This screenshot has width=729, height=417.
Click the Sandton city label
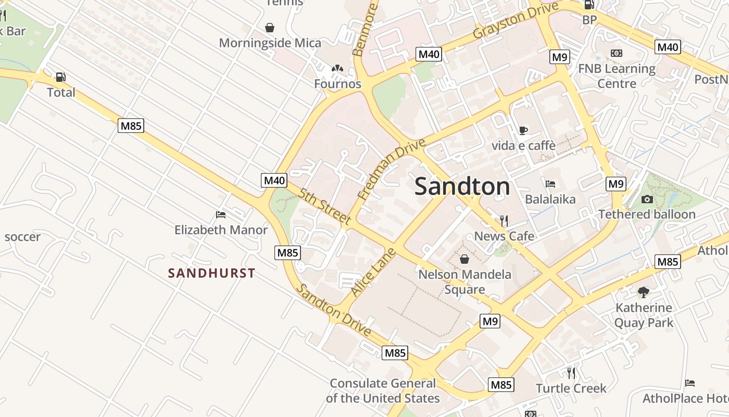click(462, 187)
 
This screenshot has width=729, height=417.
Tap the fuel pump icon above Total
click(61, 77)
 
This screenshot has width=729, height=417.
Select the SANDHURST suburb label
click(211, 273)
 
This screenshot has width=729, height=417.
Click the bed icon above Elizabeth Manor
click(221, 215)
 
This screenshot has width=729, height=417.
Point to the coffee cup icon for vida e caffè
click(523, 130)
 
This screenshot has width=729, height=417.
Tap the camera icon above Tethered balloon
click(647, 199)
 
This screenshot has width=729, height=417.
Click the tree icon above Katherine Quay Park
click(644, 292)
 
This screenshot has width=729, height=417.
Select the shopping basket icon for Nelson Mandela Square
click(464, 259)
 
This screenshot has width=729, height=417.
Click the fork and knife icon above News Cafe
click(504, 221)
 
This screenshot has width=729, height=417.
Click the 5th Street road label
click(324, 206)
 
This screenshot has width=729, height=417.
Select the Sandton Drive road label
click(334, 311)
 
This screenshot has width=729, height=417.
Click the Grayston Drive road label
click(516, 20)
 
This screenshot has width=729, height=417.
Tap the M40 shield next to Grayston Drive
click(429, 54)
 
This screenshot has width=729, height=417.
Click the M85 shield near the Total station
click(131, 126)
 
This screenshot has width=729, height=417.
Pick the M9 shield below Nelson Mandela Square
click(490, 321)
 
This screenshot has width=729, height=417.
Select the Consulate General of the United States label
click(383, 391)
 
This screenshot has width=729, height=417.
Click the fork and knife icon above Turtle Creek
click(571, 373)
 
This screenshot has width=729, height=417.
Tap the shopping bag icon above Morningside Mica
click(270, 28)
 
